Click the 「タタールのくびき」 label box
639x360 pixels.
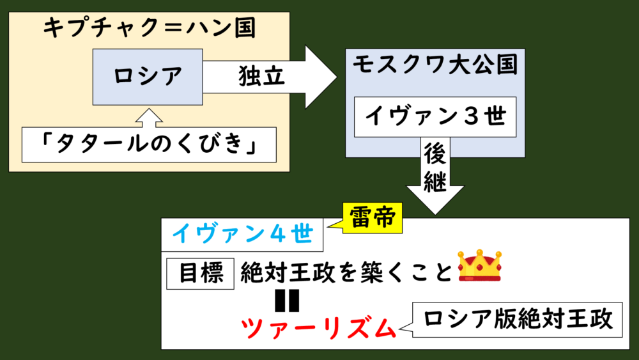(x=149, y=145)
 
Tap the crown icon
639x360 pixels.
(x=480, y=267)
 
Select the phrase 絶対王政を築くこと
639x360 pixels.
(x=345, y=274)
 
